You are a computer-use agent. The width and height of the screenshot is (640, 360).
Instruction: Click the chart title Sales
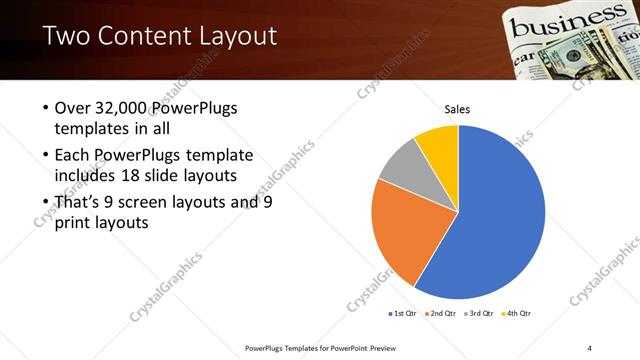(x=457, y=110)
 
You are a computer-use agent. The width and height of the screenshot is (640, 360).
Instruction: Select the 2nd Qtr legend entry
(x=445, y=313)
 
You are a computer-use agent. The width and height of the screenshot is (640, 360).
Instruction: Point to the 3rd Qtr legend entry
(x=480, y=313)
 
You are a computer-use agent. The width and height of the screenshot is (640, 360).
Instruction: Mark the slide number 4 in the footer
(x=589, y=347)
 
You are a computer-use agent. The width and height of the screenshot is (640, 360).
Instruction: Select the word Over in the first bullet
(x=73, y=108)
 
